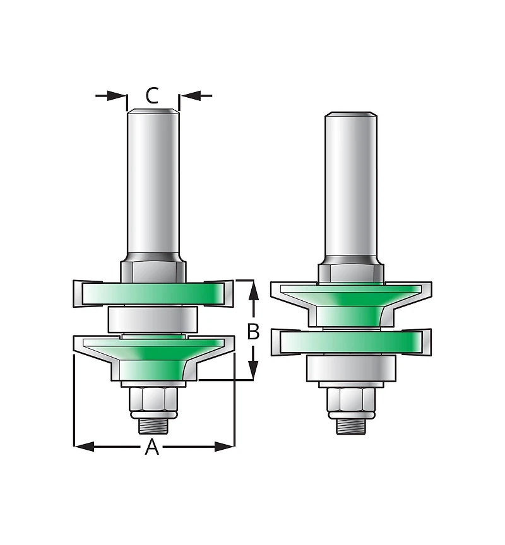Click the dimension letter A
(x=152, y=447)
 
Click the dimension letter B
(x=253, y=331)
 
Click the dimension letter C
(x=152, y=96)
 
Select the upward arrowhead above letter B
(x=254, y=291)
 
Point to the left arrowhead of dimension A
(x=85, y=447)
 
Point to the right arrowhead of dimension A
(x=224, y=447)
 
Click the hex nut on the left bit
(x=153, y=399)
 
